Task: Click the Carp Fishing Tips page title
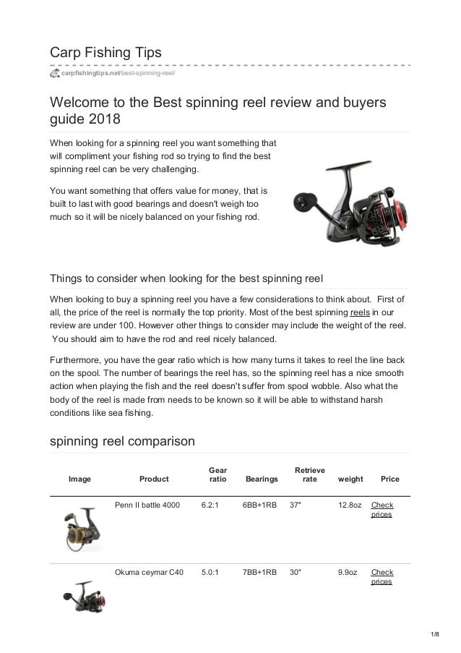(105, 53)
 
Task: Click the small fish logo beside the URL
(54, 74)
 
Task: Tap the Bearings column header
(262, 479)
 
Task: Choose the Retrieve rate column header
(309, 474)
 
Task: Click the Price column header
(389, 479)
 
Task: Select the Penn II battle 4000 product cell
(147, 505)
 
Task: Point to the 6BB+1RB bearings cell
(259, 505)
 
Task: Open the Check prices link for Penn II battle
(382, 510)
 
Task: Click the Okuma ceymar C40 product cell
(149, 572)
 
